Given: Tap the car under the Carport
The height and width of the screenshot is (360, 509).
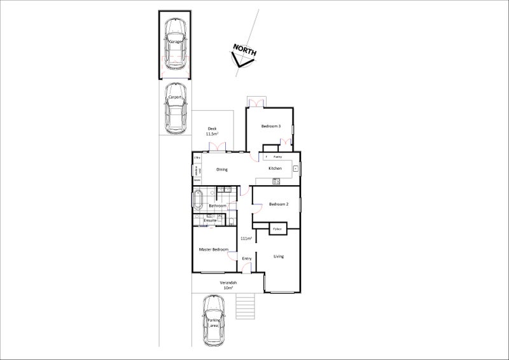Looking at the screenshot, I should tap(175, 108).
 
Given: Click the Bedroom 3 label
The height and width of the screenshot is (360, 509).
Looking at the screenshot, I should tap(271, 127).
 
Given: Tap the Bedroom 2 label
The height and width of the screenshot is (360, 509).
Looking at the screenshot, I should tap(279, 204).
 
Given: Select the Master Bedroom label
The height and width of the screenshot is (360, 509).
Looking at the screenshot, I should tap(213, 249).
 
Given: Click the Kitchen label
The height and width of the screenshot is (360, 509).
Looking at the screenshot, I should tap(275, 169).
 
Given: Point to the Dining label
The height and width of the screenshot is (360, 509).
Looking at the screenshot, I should tap(222, 169).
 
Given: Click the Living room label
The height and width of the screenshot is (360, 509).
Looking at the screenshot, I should tap(279, 256).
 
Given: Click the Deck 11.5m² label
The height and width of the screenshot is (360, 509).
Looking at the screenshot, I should tap(212, 132).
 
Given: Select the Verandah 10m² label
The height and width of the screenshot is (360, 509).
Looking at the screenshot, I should tap(228, 284).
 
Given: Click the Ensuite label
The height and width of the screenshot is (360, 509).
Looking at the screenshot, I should tap(210, 220).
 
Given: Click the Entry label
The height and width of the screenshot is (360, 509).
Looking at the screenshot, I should tap(247, 259).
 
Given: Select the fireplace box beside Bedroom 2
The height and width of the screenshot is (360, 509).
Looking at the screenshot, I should tap(278, 228).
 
